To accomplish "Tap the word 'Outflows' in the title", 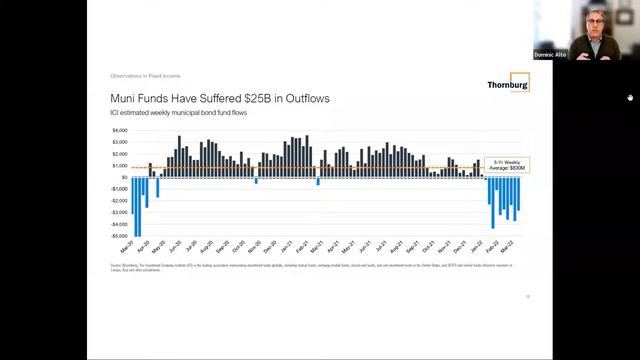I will [306, 99].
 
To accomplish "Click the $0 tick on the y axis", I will [124, 177].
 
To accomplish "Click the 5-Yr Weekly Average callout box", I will [512, 165].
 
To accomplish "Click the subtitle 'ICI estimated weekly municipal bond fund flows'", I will [178, 112].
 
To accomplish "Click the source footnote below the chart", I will [300, 266].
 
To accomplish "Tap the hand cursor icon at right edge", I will [630, 97].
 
